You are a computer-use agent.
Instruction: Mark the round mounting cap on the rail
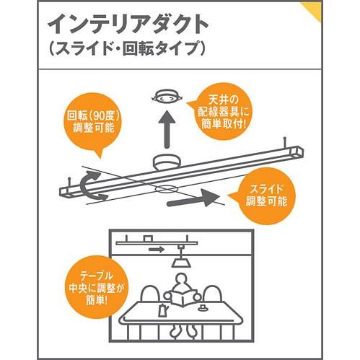[x=167, y=162]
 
